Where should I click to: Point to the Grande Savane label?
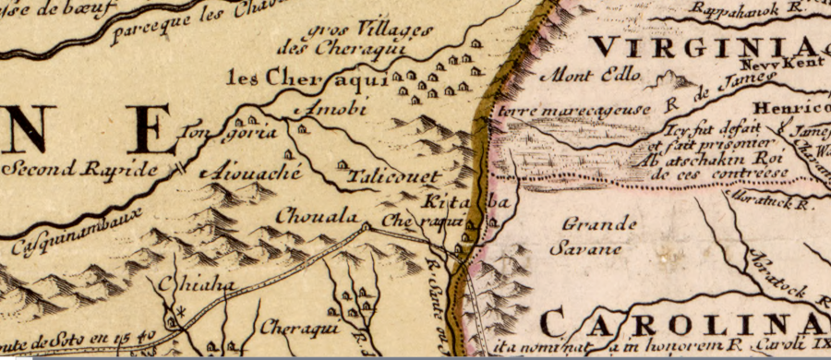pos(600,235)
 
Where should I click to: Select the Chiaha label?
pos(190,285)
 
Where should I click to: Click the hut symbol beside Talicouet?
pos(342,164)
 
